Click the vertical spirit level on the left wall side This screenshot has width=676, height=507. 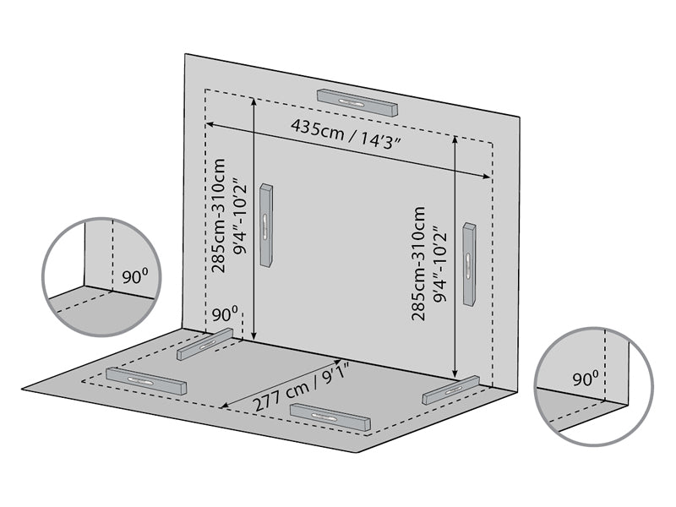pyautogui.click(x=267, y=226)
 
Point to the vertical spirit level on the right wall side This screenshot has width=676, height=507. pyautogui.click(x=470, y=264)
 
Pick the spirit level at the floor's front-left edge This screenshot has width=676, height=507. pyautogui.click(x=145, y=382)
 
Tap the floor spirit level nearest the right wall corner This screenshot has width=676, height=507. pyautogui.click(x=452, y=390)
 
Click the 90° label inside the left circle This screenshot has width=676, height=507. pyautogui.click(x=133, y=277)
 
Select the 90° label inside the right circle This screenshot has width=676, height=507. pyautogui.click(x=584, y=379)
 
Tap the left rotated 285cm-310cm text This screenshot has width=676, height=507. pyautogui.click(x=219, y=215)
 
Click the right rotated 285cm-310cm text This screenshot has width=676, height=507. pyautogui.click(x=417, y=264)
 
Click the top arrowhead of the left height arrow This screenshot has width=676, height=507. pyautogui.click(x=253, y=100)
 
